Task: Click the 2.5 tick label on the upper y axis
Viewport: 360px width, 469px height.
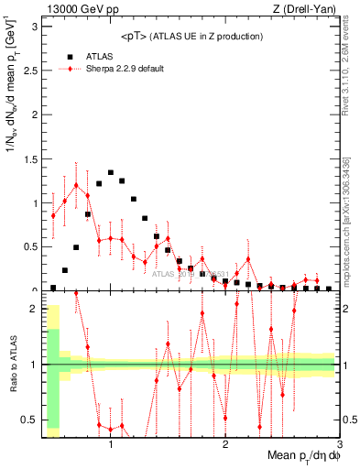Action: pyautogui.click(x=28, y=71)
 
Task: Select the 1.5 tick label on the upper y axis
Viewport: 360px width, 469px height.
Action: pyautogui.click(x=28, y=159)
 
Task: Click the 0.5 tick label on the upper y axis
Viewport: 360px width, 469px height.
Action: pyautogui.click(x=28, y=247)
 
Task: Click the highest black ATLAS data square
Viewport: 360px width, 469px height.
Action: pyautogui.click(x=111, y=172)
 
